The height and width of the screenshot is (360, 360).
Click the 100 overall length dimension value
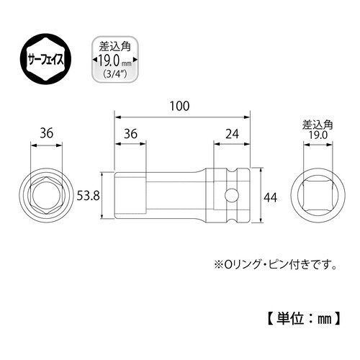coord(181,106)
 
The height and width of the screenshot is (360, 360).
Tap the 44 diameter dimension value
coord(270,196)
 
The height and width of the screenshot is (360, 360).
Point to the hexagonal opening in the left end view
coord(45,196)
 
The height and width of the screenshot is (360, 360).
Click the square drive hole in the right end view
coord(314,196)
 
